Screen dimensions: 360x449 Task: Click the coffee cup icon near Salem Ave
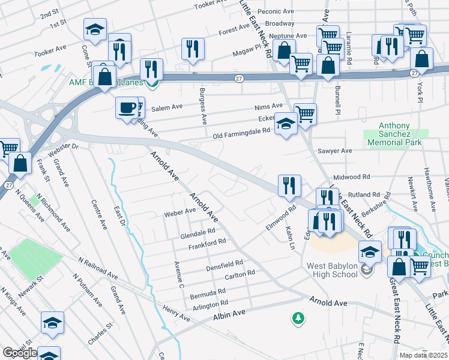(x=127, y=108)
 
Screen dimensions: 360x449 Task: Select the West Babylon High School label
(x=331, y=269)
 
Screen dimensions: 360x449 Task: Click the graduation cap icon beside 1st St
(x=94, y=29)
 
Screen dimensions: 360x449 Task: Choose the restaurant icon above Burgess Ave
(x=193, y=49)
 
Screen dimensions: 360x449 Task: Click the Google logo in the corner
(x=20, y=353)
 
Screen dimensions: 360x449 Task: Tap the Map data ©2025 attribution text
(x=424, y=355)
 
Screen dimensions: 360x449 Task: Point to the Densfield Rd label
(x=224, y=263)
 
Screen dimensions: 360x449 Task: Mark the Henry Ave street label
(x=176, y=313)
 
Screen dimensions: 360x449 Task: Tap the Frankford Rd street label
(x=206, y=241)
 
